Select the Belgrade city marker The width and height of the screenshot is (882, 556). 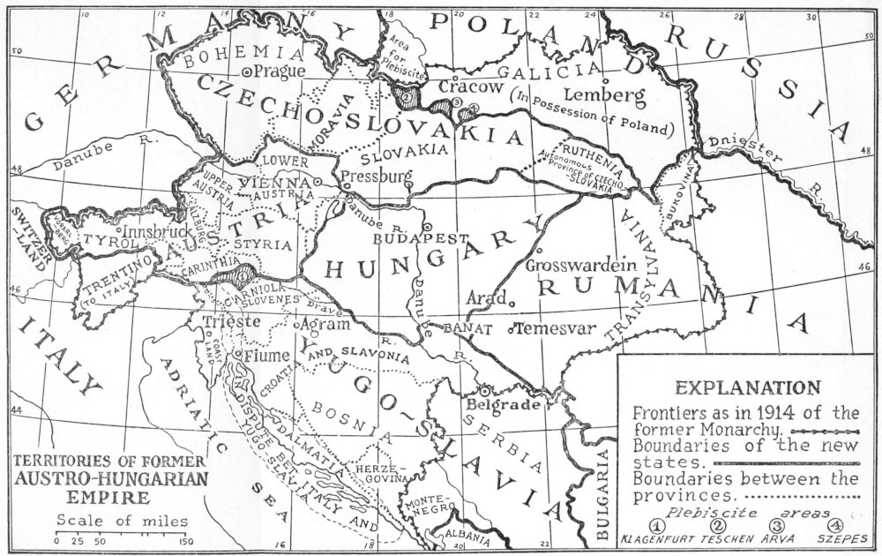click(x=484, y=389)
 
